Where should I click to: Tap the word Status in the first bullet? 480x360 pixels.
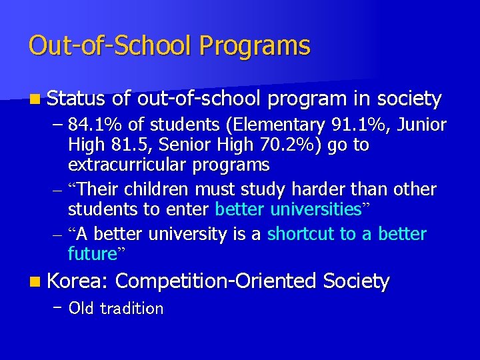pos(76,99)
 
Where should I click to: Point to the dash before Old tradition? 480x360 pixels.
pos(59,308)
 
